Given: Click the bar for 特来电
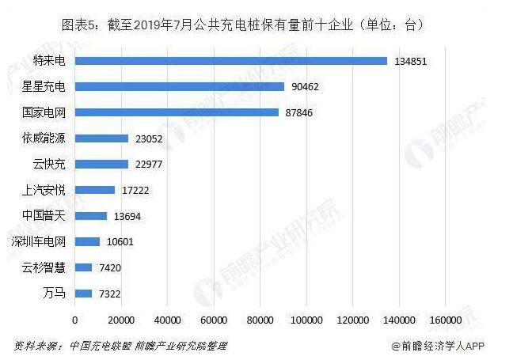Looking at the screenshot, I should pos(230,61).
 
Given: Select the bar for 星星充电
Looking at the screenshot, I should pos(179,86).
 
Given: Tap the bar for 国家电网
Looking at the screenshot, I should pos(177,112).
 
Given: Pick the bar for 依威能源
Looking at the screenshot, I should pos(101,138).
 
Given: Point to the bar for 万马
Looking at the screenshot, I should pos(83,294).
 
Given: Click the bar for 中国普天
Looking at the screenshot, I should pos(90,216).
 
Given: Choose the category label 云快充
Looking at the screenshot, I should pos(48,165).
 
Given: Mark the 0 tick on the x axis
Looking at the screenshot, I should pos(75,320).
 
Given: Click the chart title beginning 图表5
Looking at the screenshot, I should pos(245,25).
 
